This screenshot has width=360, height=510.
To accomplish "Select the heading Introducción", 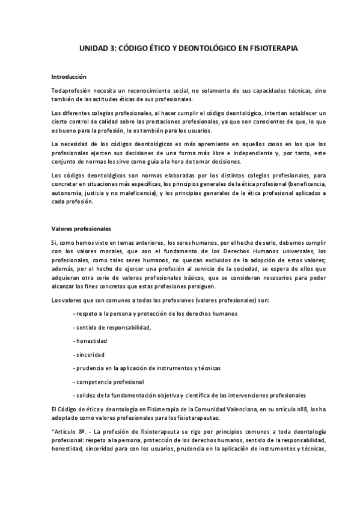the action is tap(69, 77).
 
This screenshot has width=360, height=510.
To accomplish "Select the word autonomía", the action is tap(69, 192).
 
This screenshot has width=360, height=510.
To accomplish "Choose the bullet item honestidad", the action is tap(90, 340).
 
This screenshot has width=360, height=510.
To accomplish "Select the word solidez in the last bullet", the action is tap(85, 395).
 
